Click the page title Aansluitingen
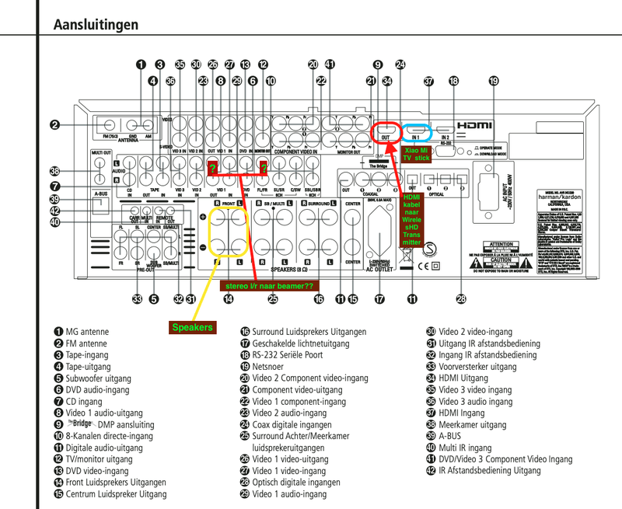[96, 25]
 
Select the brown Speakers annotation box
[192, 327]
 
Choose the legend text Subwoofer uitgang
[99, 378]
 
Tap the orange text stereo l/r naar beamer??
[268, 285]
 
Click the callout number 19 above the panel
[493, 81]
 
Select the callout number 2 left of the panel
[55, 124]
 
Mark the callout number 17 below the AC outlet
[379, 298]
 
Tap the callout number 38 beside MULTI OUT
[55, 171]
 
